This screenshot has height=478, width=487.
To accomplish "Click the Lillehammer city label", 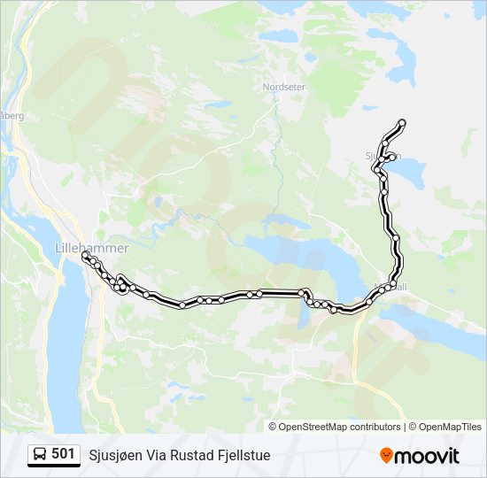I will point(91,248).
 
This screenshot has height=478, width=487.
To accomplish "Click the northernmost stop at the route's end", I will point(402,122).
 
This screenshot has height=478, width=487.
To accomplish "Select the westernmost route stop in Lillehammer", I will point(85,255).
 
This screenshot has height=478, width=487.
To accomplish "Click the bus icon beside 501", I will point(40,455).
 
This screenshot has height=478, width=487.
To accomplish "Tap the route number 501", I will point(63,454).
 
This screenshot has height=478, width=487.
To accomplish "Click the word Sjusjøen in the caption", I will point(117,456).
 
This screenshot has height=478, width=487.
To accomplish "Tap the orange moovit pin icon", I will point(386,455).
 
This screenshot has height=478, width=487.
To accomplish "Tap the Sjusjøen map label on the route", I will point(383,156).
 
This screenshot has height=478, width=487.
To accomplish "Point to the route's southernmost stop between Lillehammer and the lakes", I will point(182,305).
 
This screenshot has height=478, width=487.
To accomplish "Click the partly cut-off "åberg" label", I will point(11,115).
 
